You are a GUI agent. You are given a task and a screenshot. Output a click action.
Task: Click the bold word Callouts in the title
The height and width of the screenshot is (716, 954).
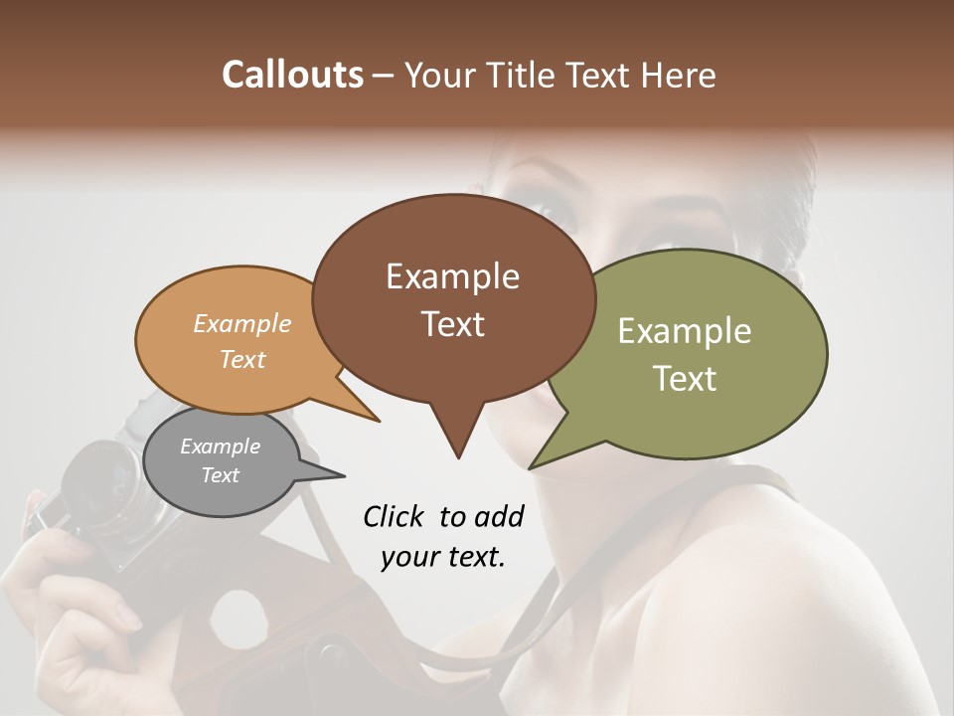292,75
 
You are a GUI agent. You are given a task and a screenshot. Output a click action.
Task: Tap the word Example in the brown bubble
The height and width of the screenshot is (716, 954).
452,276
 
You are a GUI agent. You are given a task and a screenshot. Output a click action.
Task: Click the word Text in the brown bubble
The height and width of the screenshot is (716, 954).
452,324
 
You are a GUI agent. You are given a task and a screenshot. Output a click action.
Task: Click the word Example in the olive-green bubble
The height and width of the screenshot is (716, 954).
685,331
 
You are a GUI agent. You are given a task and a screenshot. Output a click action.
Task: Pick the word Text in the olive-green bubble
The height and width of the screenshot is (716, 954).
685,379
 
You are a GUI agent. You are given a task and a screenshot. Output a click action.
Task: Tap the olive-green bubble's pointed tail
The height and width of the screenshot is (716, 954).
535,464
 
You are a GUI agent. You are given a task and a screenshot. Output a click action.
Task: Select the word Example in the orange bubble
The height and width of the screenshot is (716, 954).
242,323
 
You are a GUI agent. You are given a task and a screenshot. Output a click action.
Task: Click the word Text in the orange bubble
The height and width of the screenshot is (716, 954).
242,359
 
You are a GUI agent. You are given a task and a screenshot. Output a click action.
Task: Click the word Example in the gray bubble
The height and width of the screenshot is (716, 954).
221,447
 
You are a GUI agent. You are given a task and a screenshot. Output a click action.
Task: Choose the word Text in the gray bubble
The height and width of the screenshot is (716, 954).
221,475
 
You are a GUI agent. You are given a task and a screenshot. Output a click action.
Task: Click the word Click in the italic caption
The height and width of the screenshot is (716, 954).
394,516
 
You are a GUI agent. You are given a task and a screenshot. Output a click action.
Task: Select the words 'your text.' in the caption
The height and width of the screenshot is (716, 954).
443,557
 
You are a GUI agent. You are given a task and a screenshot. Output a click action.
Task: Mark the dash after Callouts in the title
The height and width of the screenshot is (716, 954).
385,76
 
